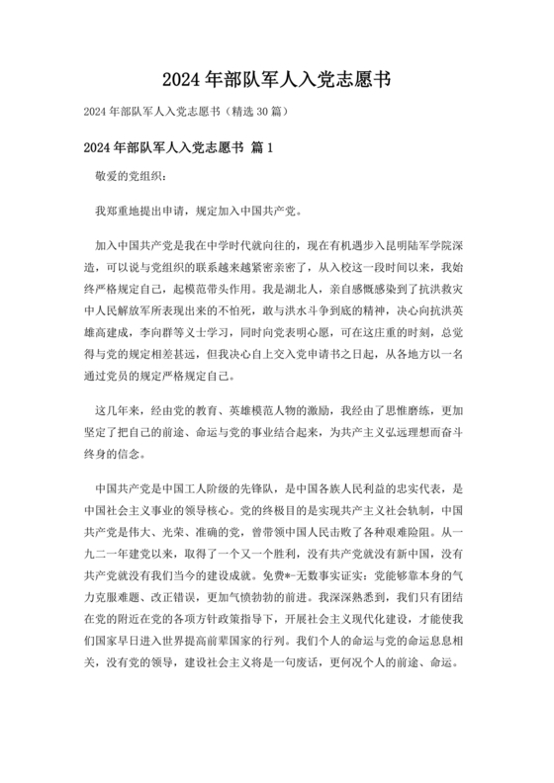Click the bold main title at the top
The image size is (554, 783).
[x=277, y=79]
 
